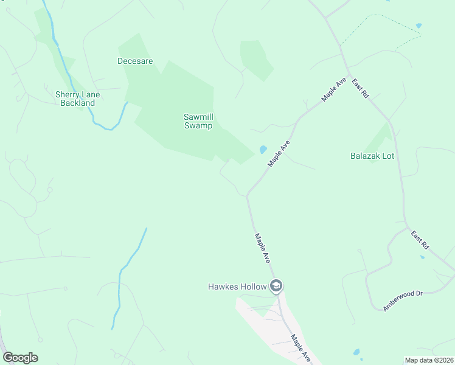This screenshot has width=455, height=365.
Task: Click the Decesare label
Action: pyautogui.click(x=135, y=61)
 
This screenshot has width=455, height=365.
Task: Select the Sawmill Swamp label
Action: pyautogui.click(x=198, y=121)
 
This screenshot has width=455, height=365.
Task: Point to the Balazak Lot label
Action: pyautogui.click(x=372, y=156)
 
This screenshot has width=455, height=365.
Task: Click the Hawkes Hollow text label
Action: pyautogui.click(x=238, y=286)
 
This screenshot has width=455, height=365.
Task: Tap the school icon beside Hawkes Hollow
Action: pyautogui.click(x=276, y=286)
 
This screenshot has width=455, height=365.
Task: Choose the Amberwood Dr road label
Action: pyautogui.click(x=403, y=301)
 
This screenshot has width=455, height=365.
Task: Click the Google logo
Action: pyautogui.click(x=21, y=358)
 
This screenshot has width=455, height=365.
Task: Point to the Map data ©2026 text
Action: pyautogui.click(x=429, y=360)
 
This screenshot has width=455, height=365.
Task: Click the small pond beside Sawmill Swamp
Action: pyautogui.click(x=263, y=149)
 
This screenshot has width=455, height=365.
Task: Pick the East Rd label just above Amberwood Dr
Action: pyautogui.click(x=420, y=240)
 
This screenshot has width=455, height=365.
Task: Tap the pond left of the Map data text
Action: pyautogui.click(x=356, y=352)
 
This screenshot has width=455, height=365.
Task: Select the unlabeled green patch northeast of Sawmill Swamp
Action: pyautogui.click(x=255, y=60)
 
